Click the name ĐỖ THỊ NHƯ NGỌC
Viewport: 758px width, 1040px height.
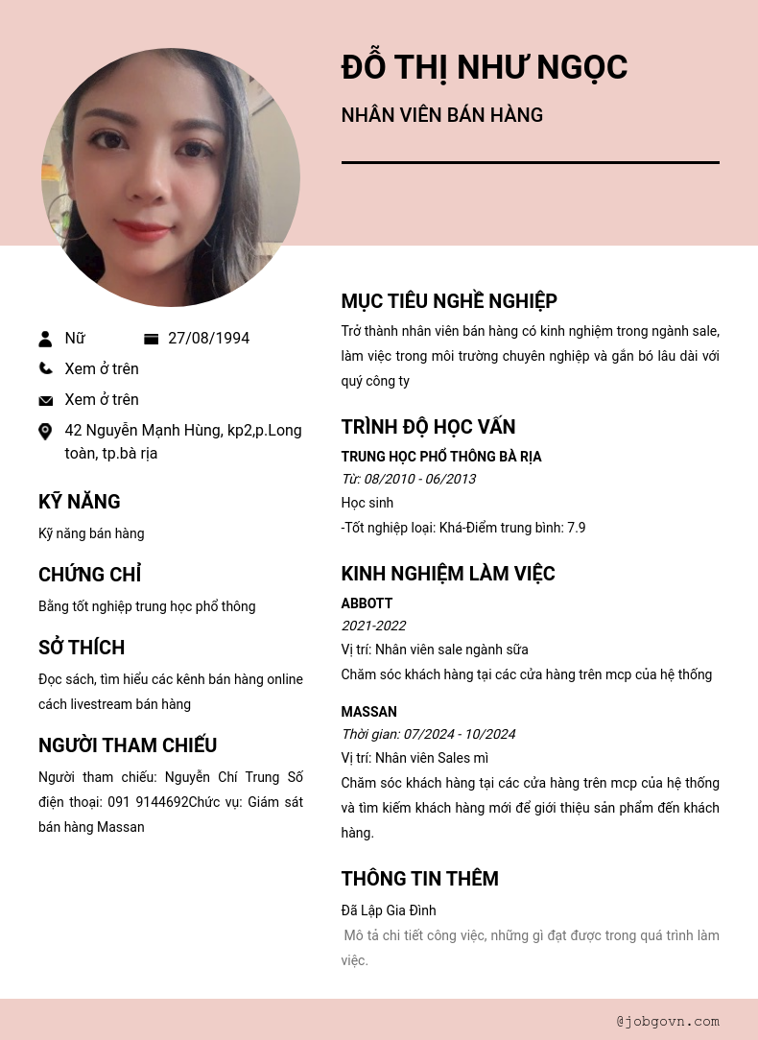tap(484, 67)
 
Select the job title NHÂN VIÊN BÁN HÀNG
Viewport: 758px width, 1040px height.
tap(441, 115)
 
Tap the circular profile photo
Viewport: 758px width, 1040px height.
tap(171, 177)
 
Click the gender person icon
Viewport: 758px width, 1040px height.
tap(45, 339)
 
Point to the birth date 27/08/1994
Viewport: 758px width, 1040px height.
tap(208, 339)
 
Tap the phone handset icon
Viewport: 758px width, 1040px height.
tap(45, 368)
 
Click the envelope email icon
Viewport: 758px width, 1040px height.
tap(45, 400)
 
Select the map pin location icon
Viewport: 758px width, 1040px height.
tap(45, 432)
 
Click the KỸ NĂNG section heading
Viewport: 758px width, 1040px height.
tap(80, 502)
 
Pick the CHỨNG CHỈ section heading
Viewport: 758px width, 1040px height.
tap(89, 575)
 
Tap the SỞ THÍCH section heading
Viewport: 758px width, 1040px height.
tap(82, 648)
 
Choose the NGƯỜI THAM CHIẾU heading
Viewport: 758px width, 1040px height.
tap(128, 745)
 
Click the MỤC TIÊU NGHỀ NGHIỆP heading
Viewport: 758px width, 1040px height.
tap(449, 301)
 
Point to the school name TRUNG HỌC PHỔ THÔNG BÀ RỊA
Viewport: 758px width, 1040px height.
tap(441, 457)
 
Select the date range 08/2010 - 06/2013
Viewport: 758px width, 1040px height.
tap(419, 479)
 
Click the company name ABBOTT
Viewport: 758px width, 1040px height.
tap(367, 603)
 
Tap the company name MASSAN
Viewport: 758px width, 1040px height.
tap(368, 712)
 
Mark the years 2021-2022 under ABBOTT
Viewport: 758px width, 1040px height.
tap(373, 626)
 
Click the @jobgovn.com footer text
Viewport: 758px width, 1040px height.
tap(668, 1021)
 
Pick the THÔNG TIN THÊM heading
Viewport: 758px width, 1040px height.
tap(419, 879)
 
